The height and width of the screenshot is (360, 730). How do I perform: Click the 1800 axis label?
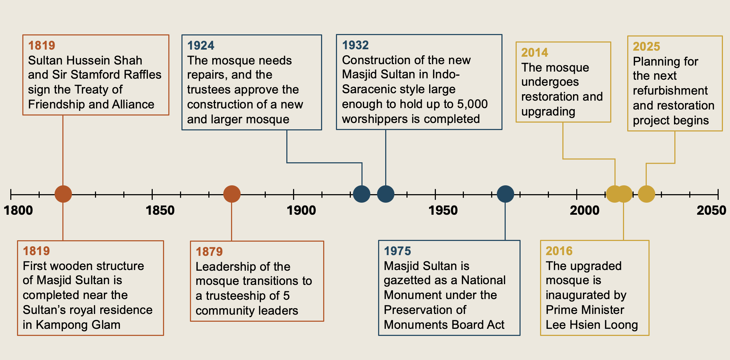(18, 210)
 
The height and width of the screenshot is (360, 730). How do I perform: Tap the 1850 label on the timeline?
(160, 210)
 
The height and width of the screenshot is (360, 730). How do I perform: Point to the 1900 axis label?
(301, 210)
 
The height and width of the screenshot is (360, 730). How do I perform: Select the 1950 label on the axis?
(443, 210)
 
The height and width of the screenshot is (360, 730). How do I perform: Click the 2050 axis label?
(711, 210)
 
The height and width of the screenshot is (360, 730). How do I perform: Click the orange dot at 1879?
(232, 194)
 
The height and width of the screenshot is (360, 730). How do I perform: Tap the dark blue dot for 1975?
(505, 194)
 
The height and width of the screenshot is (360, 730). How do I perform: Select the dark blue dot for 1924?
(362, 194)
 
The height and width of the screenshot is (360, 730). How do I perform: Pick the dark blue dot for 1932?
(386, 194)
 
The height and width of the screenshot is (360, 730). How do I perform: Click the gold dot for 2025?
(646, 194)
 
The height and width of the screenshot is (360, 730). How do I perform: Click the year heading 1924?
(201, 46)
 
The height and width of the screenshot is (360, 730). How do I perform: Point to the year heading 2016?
(559, 251)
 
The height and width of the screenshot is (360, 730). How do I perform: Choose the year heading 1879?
(209, 252)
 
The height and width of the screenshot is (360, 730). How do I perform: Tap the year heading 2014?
(534, 53)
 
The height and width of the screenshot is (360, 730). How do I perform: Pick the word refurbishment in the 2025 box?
(670, 91)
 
